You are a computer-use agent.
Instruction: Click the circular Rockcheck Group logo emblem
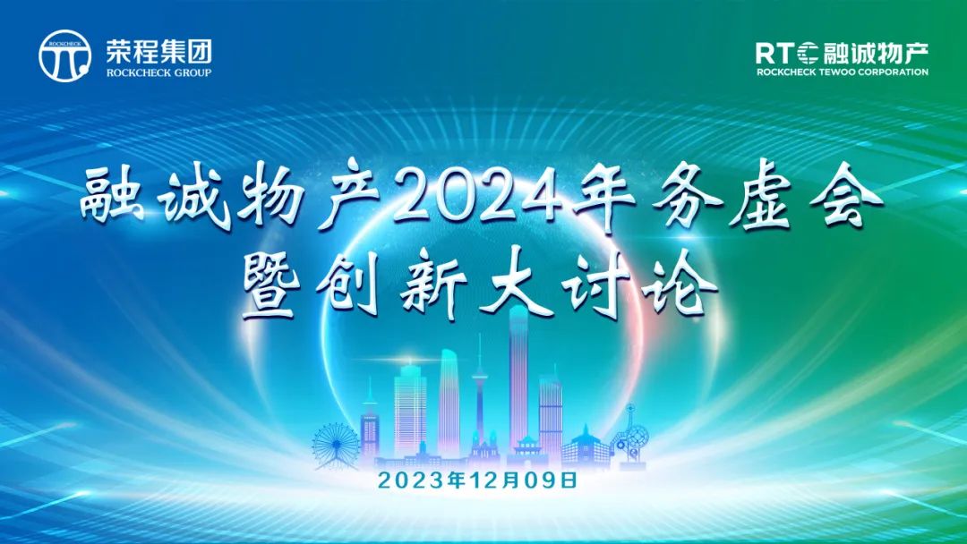65,55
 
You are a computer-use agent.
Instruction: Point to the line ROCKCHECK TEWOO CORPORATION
843,72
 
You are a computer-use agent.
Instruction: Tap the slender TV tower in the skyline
480,394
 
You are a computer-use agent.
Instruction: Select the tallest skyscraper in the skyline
518,376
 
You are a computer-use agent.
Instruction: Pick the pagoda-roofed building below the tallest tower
525,445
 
